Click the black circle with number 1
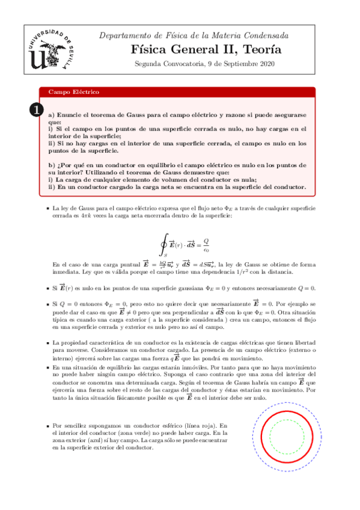coord(36,109)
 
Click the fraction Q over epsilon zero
coord(206,247)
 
